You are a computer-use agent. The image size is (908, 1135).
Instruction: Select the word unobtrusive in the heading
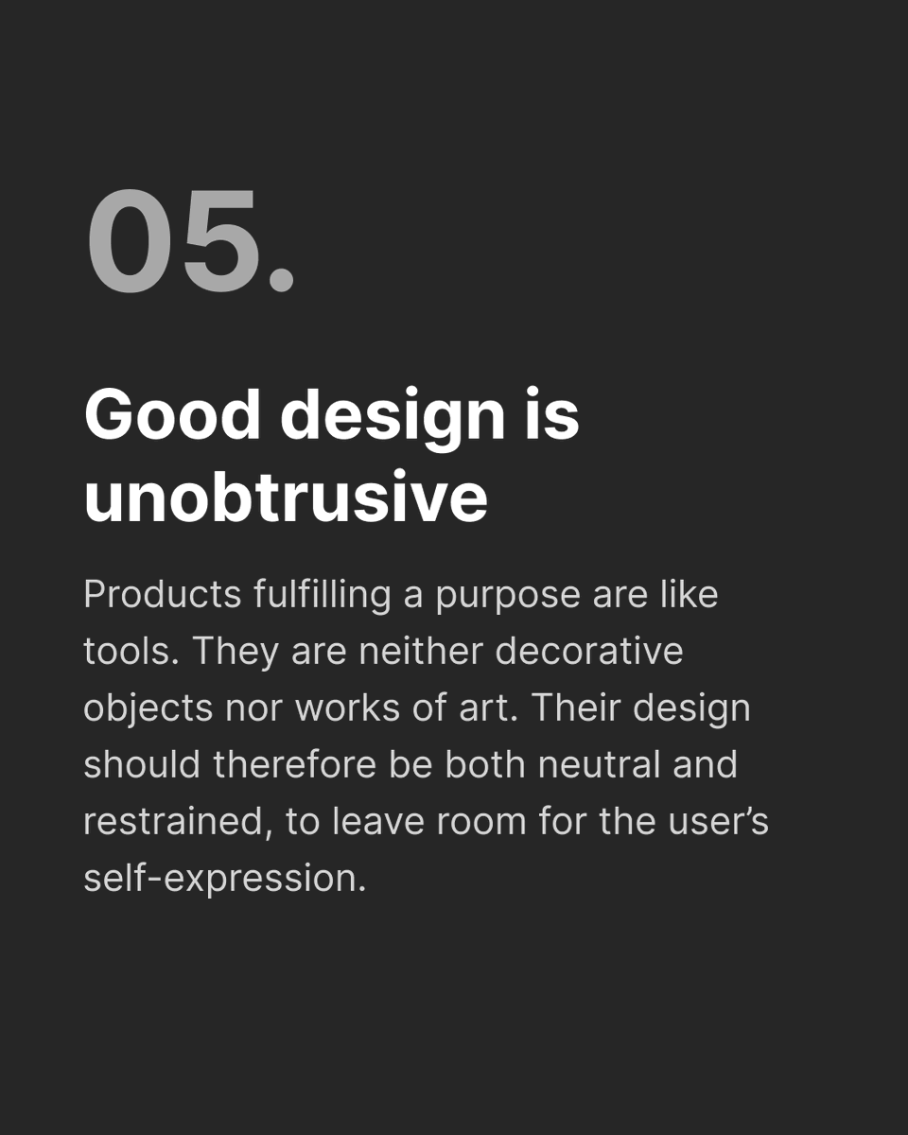pyautogui.click(x=286, y=497)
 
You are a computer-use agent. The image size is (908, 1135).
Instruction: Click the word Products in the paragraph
pyautogui.click(x=163, y=595)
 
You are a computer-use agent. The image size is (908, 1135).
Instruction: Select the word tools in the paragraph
pyautogui.click(x=127, y=652)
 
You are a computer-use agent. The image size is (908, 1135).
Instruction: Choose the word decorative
pyautogui.click(x=589, y=652)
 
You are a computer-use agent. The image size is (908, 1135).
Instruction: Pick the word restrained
pyautogui.click(x=170, y=822)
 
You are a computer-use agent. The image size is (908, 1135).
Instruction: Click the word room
pyautogui.click(x=482, y=822)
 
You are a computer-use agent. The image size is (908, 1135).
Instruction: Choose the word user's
pyautogui.click(x=720, y=822)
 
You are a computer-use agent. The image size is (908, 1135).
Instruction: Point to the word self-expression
pyautogui.click(x=223, y=879)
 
